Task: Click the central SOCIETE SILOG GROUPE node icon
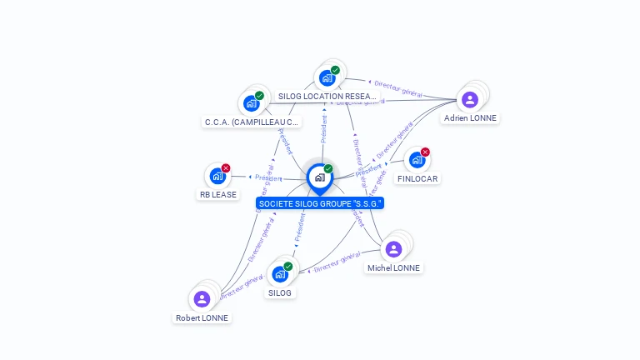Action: (319, 177)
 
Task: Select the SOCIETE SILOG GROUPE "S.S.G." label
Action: (321, 203)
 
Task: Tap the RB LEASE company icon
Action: (217, 176)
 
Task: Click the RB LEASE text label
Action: (217, 195)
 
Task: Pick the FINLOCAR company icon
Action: (417, 160)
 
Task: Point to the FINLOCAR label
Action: (417, 179)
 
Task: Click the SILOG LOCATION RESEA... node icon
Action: (327, 77)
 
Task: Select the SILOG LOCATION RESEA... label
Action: (327, 97)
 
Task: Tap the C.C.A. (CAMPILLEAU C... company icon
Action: (251, 104)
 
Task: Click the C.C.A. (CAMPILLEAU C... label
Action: (252, 122)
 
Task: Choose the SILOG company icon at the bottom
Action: (280, 274)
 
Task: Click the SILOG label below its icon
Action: (280, 293)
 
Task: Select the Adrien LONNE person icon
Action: (470, 99)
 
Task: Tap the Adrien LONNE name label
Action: (470, 118)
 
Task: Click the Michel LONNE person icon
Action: (394, 249)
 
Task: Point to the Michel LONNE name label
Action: (394, 268)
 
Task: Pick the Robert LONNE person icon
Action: (202, 299)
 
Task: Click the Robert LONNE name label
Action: (202, 318)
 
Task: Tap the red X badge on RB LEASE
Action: (226, 167)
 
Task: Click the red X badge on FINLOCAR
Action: (425, 152)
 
